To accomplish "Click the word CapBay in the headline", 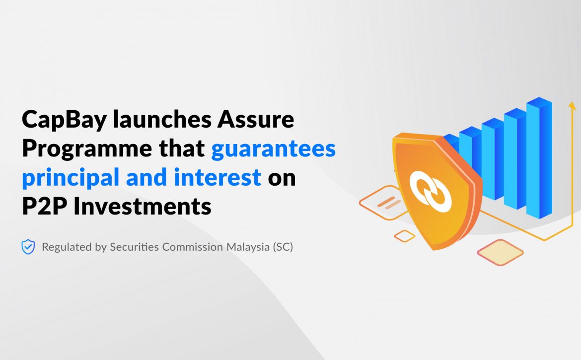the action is click(65, 120).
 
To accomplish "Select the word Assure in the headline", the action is click(256, 119).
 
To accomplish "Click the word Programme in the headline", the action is click(87, 148).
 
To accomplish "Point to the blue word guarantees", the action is click(274, 149).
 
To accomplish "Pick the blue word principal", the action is click(71, 177).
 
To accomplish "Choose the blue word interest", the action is click(218, 177).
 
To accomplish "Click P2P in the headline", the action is click(45, 206).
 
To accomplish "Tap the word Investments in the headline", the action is click(143, 206).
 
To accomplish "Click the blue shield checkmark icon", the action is click(28, 247).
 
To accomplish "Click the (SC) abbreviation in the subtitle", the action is click(283, 247).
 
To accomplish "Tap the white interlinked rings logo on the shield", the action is click(431, 192).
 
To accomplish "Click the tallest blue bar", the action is click(539, 157).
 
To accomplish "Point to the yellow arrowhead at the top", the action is click(572, 106).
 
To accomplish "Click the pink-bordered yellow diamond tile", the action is click(500, 252).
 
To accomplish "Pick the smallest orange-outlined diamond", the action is click(404, 236).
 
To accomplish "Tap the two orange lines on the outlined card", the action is click(388, 203).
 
